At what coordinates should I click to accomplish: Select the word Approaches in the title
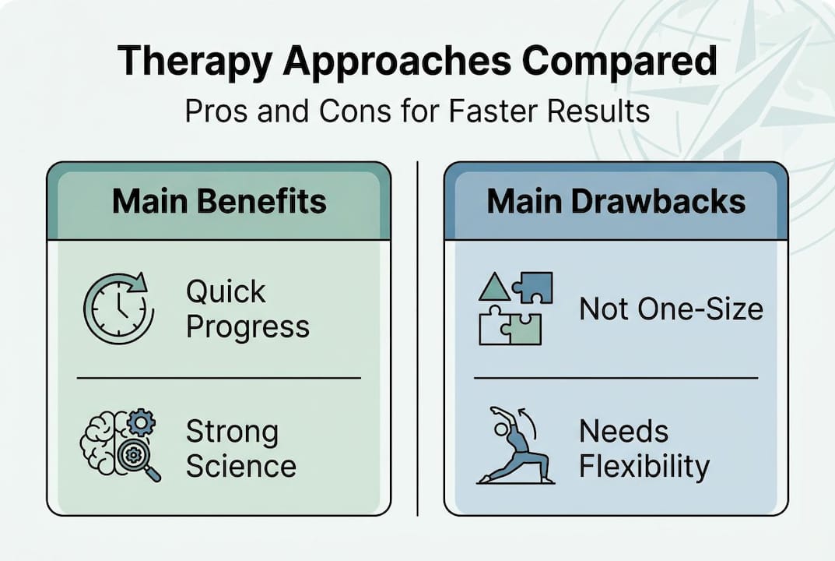[405, 62]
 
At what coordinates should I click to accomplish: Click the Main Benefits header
[219, 201]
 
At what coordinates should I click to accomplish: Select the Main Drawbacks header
[616, 201]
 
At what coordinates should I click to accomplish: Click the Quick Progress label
[247, 309]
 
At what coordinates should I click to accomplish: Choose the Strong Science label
[240, 448]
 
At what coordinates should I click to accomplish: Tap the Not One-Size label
[671, 309]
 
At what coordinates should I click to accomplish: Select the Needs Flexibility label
[644, 448]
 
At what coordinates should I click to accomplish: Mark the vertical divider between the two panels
[418, 338]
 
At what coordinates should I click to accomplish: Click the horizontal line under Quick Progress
[219, 378]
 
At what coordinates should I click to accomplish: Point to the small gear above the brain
[141, 422]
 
